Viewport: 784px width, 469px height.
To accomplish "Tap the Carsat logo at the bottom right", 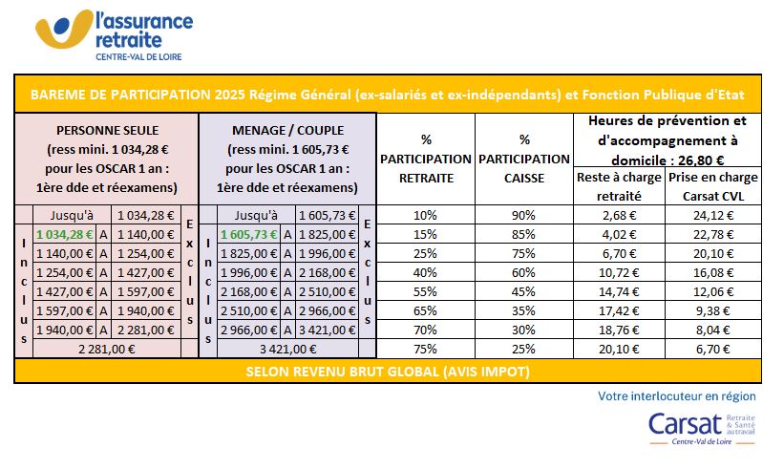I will tap(702, 429).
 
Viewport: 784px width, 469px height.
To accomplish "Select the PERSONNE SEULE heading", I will tap(107, 130).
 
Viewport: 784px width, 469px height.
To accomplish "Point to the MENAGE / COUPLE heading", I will tap(287, 130).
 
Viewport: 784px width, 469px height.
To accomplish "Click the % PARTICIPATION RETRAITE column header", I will tap(426, 159).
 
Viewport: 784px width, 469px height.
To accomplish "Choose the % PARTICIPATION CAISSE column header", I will tap(524, 159).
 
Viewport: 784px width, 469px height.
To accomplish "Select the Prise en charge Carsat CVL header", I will tap(713, 186).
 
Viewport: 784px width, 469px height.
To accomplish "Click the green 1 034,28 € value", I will tap(62, 234).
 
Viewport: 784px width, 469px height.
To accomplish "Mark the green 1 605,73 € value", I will tap(246, 234).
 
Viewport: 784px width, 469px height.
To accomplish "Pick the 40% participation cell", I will tap(426, 272).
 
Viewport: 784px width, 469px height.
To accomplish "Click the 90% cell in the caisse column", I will tap(524, 215).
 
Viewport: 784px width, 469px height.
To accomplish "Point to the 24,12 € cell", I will tap(713, 215).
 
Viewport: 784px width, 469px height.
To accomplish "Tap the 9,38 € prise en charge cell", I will tap(713, 310).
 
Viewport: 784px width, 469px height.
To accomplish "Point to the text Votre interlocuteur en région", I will tap(676, 395).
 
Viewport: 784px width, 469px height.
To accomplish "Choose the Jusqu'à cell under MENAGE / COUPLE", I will tap(255, 215).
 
